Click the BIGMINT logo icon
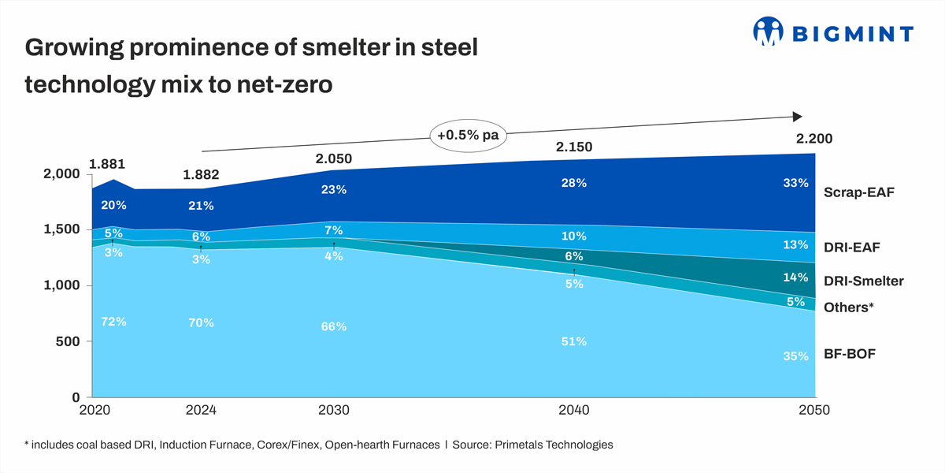click(769, 32)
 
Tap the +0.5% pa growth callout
click(469, 136)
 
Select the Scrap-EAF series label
click(859, 192)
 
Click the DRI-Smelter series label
click(864, 281)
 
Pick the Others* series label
click(850, 307)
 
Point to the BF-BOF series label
click(850, 355)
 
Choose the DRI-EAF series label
click(852, 248)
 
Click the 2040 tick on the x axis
click(573, 411)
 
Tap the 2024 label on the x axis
click(201, 411)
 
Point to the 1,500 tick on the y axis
click(60, 229)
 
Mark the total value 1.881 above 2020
click(107, 164)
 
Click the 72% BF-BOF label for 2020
click(113, 322)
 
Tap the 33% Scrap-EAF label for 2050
click(795, 183)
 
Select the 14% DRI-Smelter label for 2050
click(795, 277)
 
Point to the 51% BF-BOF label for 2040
click(573, 341)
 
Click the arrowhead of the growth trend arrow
click(796, 117)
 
